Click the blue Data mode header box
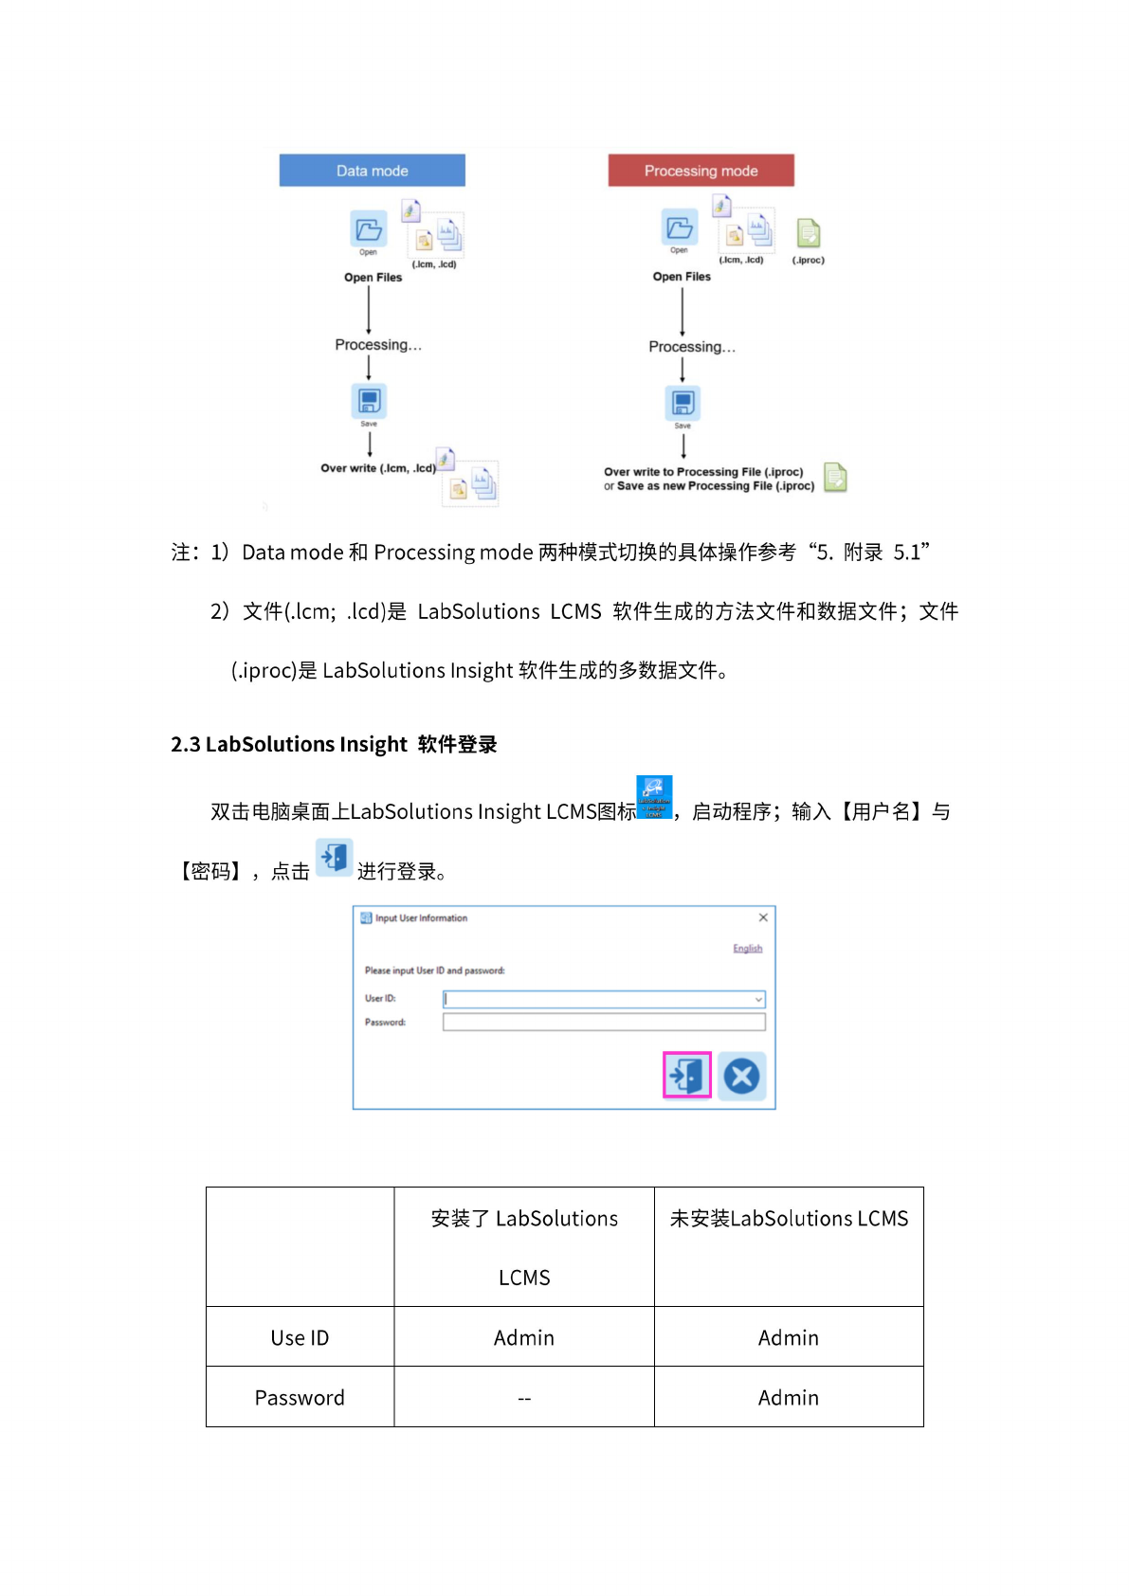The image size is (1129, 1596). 372,171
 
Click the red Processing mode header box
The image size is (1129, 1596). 701,171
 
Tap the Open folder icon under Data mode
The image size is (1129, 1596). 369,229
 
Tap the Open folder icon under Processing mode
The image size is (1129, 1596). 680,227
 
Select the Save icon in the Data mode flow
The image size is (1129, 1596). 369,400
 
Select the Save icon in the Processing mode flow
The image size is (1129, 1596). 683,403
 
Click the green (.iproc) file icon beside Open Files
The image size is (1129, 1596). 808,233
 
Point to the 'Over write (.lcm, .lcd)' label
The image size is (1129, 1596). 378,468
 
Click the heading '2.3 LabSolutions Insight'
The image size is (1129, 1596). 334,745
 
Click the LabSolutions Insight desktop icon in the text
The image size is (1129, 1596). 653,797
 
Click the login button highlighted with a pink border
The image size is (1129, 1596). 687,1075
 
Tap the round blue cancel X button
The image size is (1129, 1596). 741,1076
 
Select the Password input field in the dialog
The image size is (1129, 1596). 604,1022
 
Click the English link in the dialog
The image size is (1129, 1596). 747,949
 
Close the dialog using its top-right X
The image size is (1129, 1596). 763,917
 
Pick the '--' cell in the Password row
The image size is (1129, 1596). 524,1398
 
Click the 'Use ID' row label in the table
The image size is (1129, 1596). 300,1338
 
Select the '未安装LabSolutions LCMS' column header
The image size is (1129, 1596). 789,1219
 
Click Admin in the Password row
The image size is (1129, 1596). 788,1398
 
